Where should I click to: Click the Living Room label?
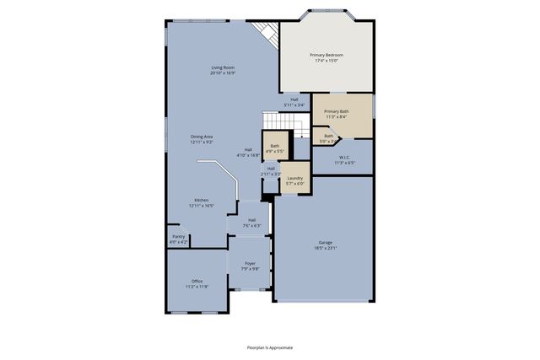[x=223, y=67]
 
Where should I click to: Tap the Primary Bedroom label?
[x=326, y=55]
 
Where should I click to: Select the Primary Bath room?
[x=337, y=114]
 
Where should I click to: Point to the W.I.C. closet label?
[x=344, y=157]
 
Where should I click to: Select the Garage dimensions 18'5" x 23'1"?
[x=325, y=248]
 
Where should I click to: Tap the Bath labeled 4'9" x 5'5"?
[x=274, y=148]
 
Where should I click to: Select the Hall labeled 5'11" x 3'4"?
[x=294, y=101]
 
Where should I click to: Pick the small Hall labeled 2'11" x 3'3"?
[x=271, y=170]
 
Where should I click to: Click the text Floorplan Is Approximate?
[x=270, y=347]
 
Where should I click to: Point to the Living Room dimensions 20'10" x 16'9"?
[x=223, y=73]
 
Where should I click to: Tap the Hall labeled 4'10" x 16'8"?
[x=248, y=153]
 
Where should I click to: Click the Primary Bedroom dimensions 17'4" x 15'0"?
[x=326, y=61]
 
